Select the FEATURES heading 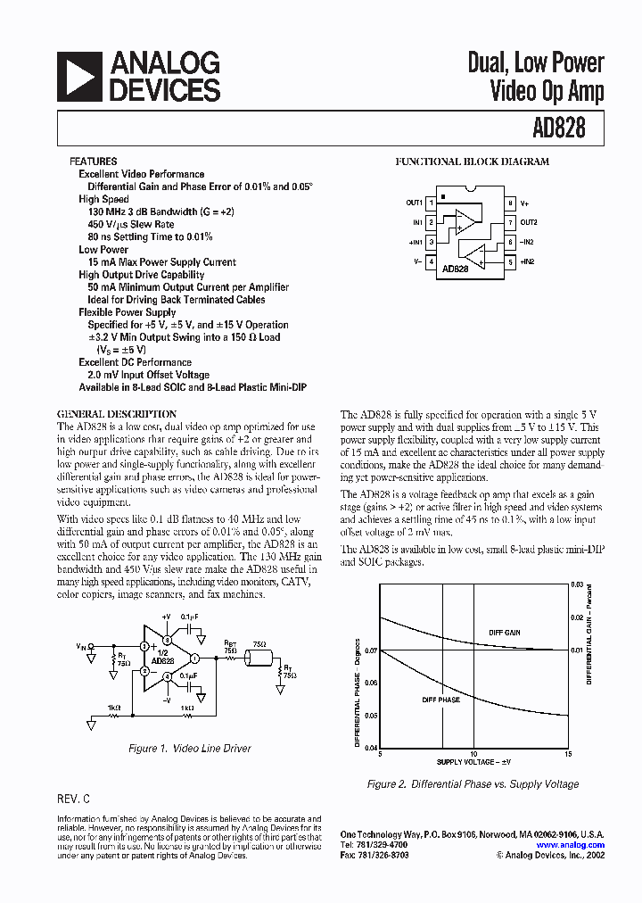(x=93, y=162)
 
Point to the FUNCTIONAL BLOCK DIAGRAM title (x=472, y=162)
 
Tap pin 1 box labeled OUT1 (x=431, y=203)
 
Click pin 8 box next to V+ (x=510, y=203)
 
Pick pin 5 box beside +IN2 (x=510, y=261)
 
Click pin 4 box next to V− (x=431, y=261)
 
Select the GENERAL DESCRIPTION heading (x=117, y=414)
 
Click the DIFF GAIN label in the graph (x=504, y=633)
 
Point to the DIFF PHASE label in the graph (x=440, y=700)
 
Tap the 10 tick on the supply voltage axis (x=473, y=754)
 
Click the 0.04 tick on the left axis (x=371, y=747)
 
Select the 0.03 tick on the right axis (x=577, y=584)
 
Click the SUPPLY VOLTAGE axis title (x=473, y=763)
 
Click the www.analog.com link (x=570, y=844)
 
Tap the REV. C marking (x=73, y=799)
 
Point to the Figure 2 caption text (x=473, y=784)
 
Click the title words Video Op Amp (x=547, y=90)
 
